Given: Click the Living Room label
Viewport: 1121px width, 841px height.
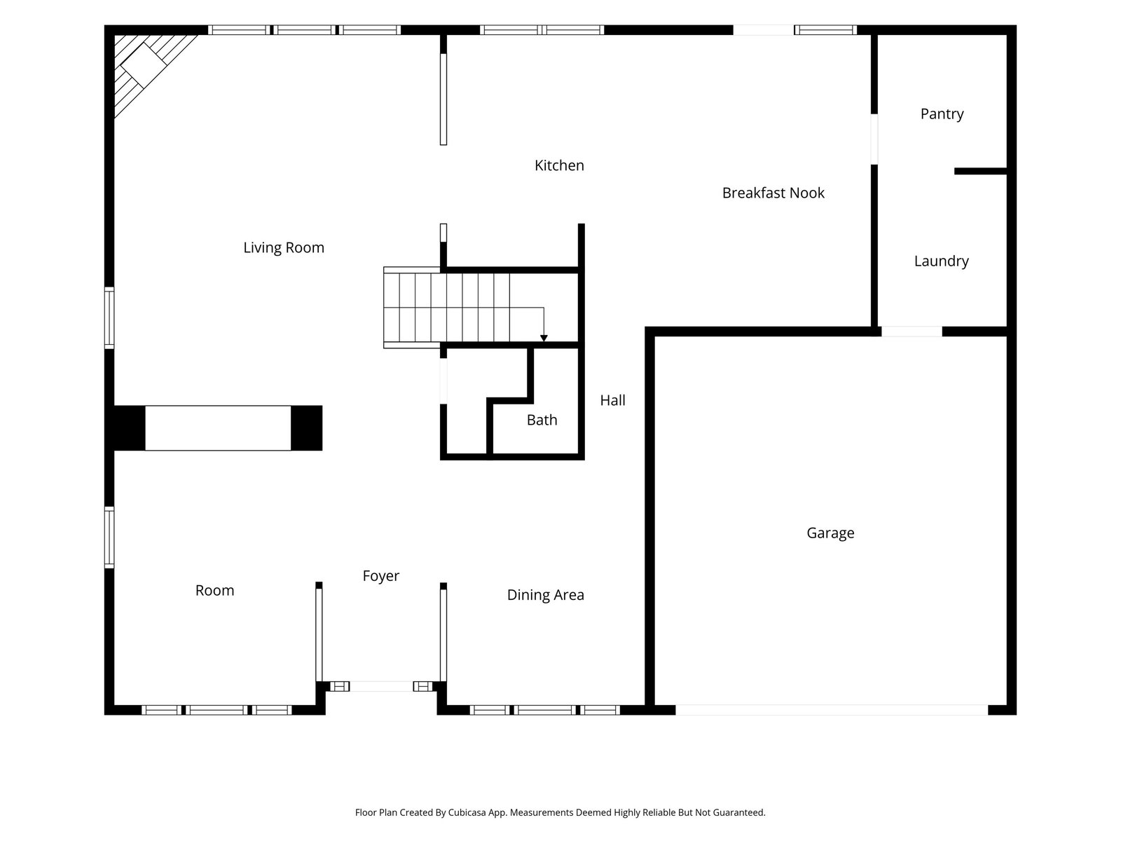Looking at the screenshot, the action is (x=284, y=247).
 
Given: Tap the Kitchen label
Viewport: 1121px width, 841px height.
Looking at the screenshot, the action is (x=559, y=165).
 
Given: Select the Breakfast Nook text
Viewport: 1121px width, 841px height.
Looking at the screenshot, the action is (x=773, y=193).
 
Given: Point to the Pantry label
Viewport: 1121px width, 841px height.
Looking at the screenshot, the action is (x=942, y=114).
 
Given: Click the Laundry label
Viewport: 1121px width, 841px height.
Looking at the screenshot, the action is (x=941, y=261).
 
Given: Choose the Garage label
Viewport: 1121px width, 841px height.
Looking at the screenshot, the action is (x=830, y=533).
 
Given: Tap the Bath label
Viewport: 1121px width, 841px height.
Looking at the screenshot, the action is (x=542, y=420).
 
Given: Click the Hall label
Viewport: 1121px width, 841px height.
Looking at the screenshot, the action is (x=612, y=400).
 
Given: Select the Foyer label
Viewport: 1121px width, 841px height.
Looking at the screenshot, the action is (x=381, y=576).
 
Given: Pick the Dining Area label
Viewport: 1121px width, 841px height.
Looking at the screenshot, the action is (x=545, y=595).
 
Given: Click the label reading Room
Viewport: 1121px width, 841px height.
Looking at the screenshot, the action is (x=214, y=590).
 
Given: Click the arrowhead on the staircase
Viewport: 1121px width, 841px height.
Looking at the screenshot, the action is (x=544, y=338).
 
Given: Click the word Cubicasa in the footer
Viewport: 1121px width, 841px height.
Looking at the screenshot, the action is (x=467, y=812).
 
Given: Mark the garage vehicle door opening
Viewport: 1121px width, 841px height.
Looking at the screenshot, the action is (x=832, y=710).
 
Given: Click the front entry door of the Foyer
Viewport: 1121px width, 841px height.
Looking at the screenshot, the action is (x=381, y=686).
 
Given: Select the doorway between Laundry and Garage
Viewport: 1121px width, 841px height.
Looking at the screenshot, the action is (x=912, y=331).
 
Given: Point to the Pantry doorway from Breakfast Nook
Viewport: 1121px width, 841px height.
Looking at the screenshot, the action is (x=874, y=139).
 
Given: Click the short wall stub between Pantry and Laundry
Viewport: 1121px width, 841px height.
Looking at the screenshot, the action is (x=980, y=171).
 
